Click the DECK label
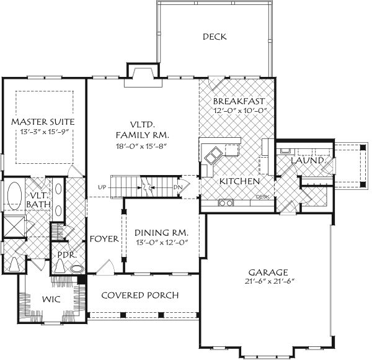(215, 37)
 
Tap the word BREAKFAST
(239, 101)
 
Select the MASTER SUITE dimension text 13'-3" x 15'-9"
(43, 132)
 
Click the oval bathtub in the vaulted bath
(14, 197)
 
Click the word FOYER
(104, 239)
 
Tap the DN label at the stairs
(179, 187)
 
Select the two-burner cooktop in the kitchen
(225, 202)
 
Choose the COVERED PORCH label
(140, 295)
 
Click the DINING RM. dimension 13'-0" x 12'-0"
(161, 243)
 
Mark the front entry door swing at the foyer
(104, 267)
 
